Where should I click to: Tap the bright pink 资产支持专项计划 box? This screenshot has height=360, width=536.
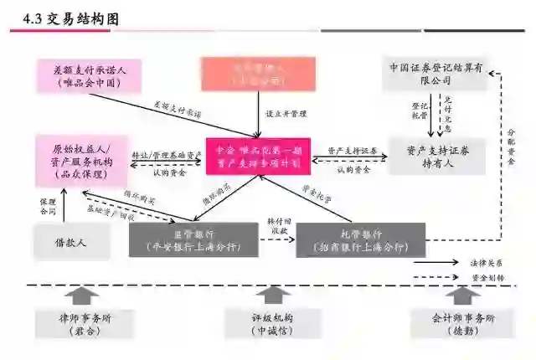click(x=259, y=156)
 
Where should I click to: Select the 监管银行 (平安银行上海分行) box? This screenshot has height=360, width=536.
click(x=193, y=240)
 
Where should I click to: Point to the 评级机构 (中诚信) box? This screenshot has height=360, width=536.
click(x=267, y=324)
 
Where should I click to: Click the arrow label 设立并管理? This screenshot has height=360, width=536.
click(x=282, y=112)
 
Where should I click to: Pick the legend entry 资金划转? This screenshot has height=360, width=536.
click(x=493, y=277)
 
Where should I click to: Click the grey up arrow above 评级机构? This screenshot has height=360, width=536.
click(x=267, y=296)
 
